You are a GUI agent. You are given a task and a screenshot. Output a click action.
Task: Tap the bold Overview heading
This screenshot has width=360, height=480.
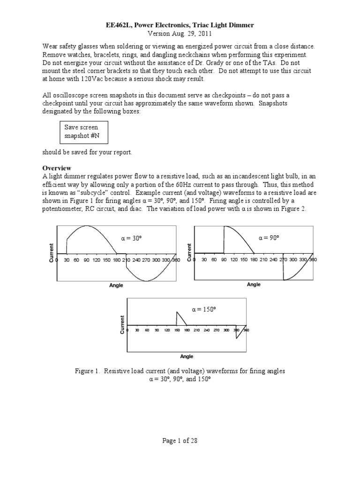click(57, 167)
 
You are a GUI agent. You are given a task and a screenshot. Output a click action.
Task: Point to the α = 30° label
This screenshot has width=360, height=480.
click(131, 238)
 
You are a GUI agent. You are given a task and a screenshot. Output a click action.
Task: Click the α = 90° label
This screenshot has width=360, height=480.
click(269, 238)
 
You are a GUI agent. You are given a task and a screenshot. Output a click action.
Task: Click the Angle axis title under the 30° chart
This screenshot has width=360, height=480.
click(116, 291)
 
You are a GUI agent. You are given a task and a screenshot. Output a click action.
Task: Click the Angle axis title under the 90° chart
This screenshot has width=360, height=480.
click(254, 285)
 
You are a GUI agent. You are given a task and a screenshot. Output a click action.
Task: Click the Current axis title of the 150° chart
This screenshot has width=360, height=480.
click(122, 324)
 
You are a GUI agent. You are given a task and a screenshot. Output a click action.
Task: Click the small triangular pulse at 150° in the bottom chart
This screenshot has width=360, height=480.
click(180, 319)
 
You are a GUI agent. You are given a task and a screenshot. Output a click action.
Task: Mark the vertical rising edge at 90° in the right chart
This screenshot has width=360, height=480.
click(224, 239)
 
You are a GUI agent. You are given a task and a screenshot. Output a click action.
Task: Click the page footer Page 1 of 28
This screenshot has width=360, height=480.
click(180, 441)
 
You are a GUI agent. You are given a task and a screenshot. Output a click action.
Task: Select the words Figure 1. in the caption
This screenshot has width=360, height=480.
click(87, 371)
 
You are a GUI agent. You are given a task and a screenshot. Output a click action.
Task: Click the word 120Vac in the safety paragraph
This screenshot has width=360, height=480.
click(99, 79)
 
